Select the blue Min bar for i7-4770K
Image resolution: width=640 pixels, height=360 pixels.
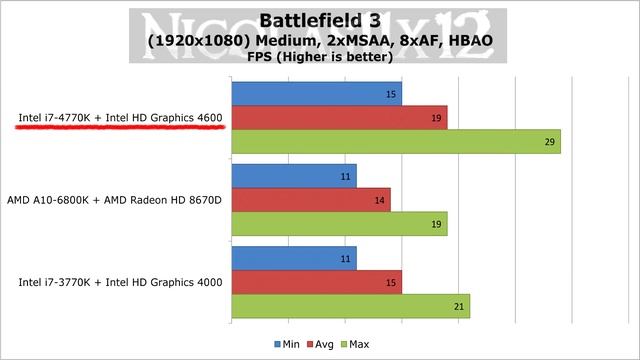316,94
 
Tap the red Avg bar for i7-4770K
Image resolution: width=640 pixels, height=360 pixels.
339,118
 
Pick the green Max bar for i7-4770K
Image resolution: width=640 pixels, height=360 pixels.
395,142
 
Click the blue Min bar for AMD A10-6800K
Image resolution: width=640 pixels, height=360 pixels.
294,176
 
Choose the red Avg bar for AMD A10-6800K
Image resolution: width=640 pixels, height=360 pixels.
311,200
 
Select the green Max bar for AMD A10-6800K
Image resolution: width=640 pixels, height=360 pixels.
339,224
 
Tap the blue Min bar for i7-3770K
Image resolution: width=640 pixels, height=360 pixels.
294,258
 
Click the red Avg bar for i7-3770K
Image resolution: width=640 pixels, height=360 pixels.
316,282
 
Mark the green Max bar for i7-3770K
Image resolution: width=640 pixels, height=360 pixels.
350,306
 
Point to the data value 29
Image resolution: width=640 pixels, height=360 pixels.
550,143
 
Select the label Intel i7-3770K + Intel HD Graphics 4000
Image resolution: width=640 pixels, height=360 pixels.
120,283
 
